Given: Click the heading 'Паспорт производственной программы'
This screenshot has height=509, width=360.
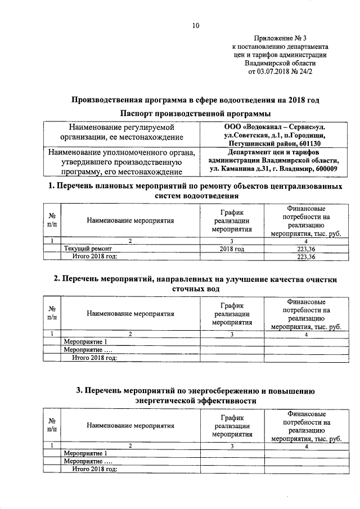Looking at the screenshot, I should click(195, 114).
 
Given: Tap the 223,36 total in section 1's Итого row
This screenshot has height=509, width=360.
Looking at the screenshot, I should click(306, 256).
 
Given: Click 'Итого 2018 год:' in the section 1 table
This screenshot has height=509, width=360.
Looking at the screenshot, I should click(95, 256).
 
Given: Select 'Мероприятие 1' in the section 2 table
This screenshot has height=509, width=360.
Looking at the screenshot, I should click(85, 341).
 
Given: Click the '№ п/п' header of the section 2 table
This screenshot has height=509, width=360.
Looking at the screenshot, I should click(52, 314).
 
